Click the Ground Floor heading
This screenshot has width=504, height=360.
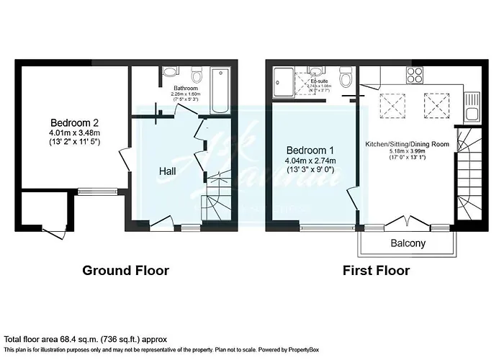coord(126,271)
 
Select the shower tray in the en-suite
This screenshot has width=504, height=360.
coord(287,81)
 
